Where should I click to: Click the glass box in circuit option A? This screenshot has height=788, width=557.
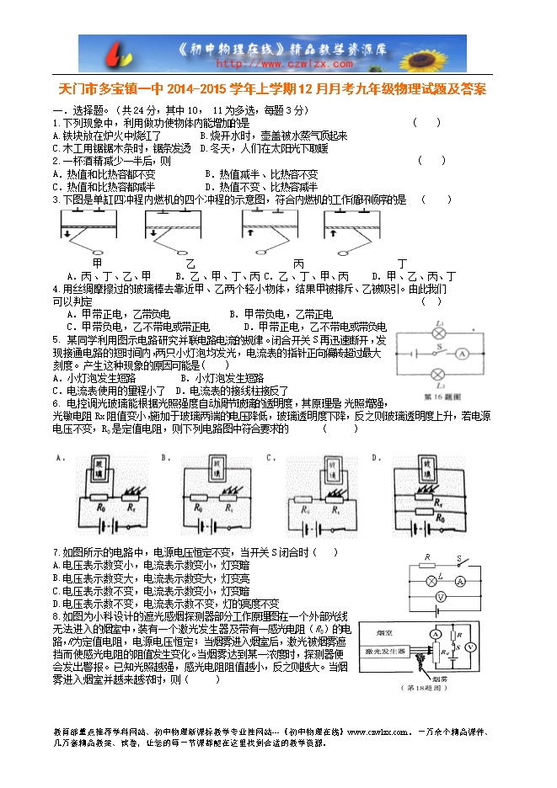97,471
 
